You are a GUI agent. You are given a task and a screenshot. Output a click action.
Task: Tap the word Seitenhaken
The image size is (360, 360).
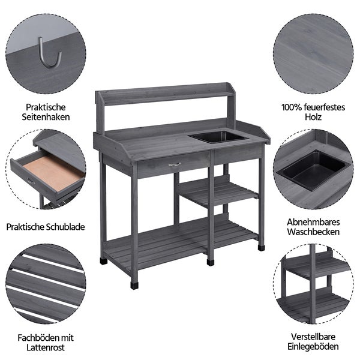46,117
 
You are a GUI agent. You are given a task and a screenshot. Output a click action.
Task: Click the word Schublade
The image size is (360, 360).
65,227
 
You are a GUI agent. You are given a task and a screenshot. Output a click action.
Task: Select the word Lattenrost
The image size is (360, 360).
46,347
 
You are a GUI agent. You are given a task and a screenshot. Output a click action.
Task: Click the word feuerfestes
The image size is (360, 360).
325,107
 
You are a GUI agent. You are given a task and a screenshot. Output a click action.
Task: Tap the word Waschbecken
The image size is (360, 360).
313,232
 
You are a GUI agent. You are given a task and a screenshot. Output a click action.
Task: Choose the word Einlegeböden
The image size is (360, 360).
313,346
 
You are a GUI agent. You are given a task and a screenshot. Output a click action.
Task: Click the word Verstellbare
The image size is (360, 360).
313,337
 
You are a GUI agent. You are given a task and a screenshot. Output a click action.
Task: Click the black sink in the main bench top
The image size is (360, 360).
218,137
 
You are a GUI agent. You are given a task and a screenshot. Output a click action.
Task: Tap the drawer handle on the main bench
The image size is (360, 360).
175,164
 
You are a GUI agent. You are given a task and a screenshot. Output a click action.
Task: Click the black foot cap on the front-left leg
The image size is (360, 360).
134,286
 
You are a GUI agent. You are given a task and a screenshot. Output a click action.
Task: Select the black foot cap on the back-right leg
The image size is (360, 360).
261,248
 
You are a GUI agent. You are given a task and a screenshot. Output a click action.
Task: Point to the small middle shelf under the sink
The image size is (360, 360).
218,193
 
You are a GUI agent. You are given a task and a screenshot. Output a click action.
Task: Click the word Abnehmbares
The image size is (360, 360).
313,222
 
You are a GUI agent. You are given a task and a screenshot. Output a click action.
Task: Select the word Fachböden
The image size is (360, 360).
36,338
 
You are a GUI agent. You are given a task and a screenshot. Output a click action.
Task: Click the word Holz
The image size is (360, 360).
313,117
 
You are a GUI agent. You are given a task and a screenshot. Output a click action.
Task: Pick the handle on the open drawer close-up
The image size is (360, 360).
31,182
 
